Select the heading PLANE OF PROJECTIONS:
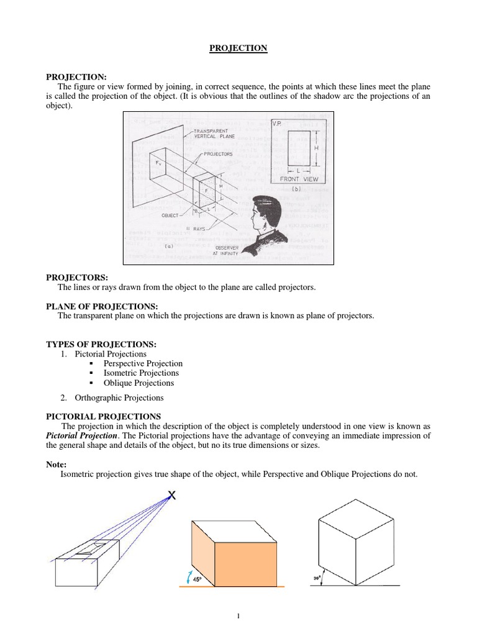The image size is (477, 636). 102,306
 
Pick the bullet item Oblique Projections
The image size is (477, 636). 139,383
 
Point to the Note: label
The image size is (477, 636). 58,464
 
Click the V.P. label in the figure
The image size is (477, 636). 277,123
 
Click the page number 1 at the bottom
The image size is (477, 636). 238,616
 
